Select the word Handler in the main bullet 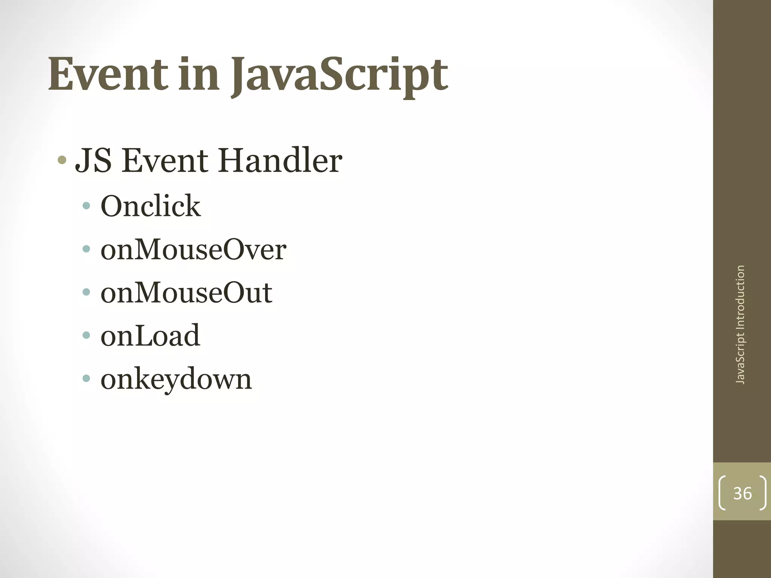tap(280, 161)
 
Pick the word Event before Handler tap(165, 161)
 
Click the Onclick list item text tap(150, 206)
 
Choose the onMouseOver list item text tap(193, 249)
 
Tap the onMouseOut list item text tap(186, 293)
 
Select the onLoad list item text tap(150, 336)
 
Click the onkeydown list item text tap(176, 379)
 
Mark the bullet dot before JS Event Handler tap(62, 161)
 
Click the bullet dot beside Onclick tap(87, 206)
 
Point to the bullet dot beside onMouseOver tap(87, 249)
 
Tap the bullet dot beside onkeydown tap(87, 378)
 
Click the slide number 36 tap(742, 493)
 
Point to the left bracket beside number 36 tap(722, 493)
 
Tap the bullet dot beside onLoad tap(87, 335)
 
